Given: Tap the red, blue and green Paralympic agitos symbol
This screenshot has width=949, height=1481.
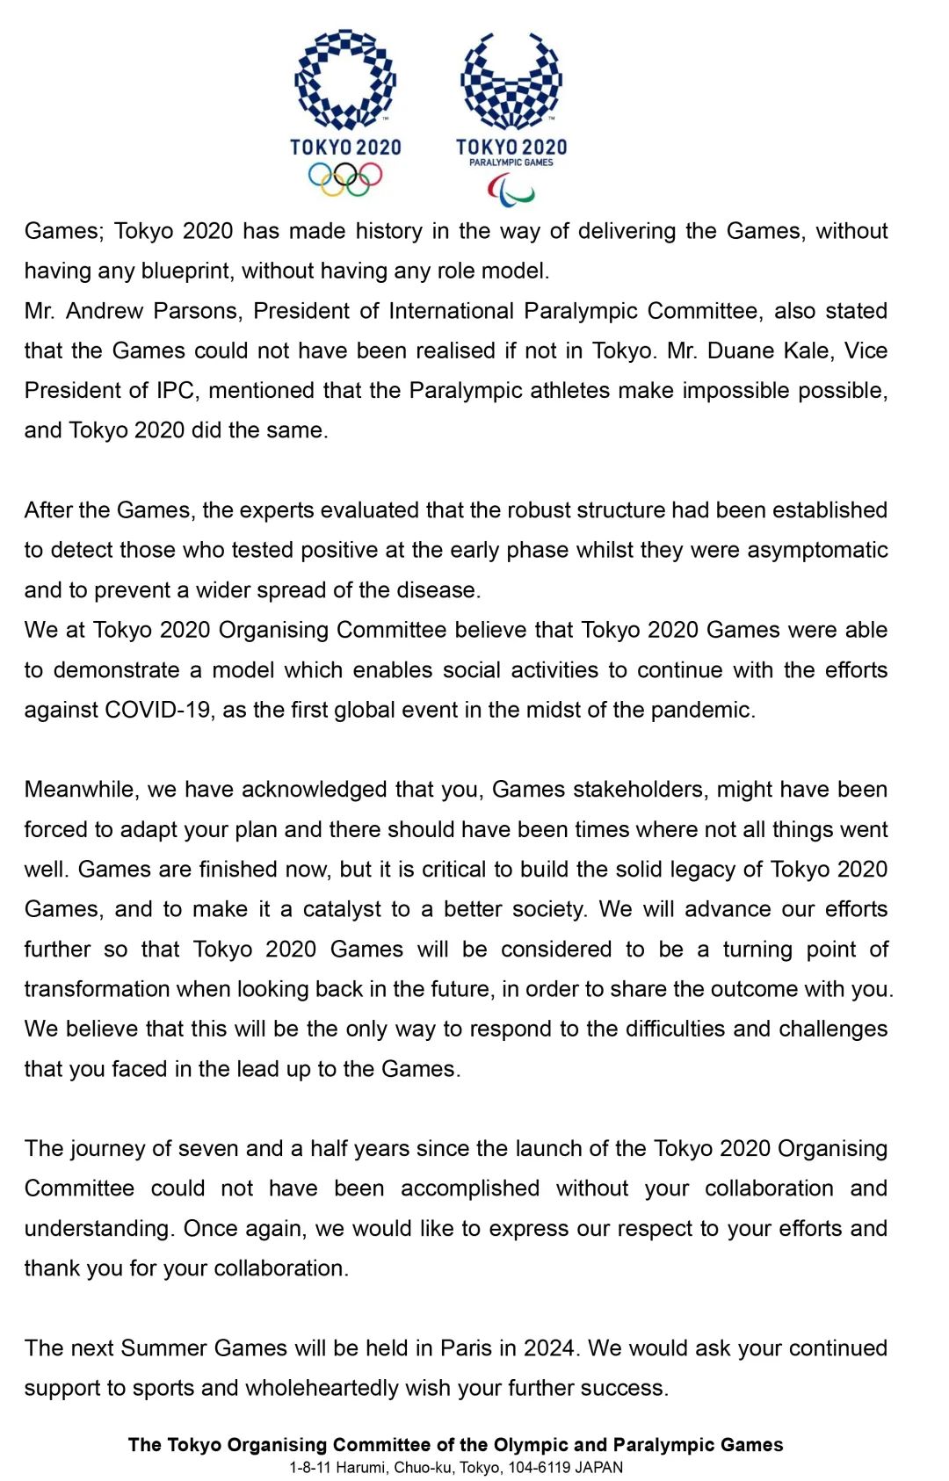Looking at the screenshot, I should [511, 189].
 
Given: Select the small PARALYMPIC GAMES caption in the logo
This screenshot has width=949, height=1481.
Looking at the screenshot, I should [511, 163].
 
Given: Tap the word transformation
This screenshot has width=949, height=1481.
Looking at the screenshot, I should [97, 989].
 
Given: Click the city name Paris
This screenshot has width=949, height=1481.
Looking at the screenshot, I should [466, 1347].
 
